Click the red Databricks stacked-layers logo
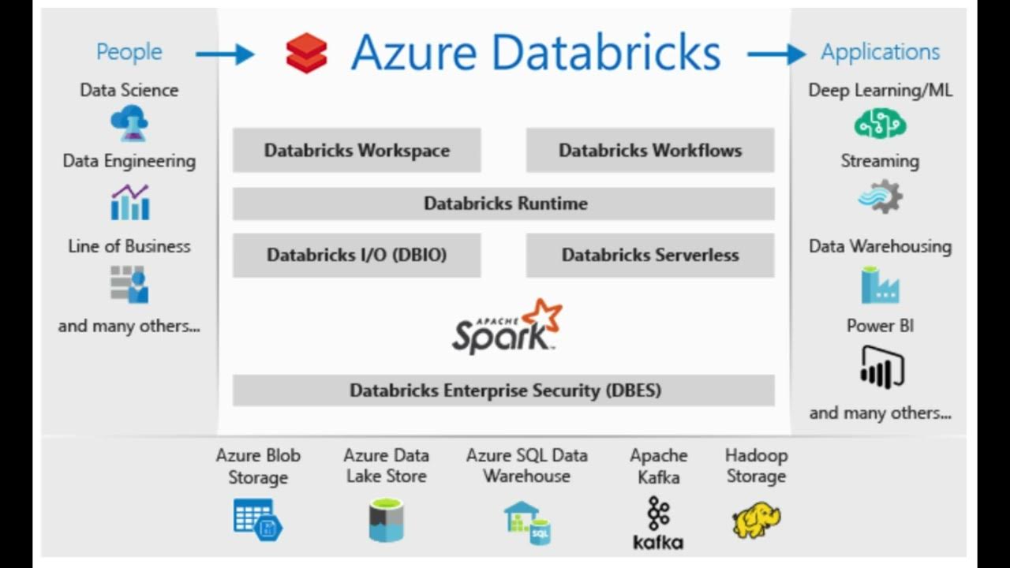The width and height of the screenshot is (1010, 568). click(306, 54)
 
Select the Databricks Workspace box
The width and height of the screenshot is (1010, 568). click(357, 150)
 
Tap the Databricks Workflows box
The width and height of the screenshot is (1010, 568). click(650, 150)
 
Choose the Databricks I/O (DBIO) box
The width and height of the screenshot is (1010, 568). click(357, 255)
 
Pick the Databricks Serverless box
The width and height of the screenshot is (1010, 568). click(650, 255)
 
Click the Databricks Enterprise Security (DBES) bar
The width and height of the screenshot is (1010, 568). click(505, 390)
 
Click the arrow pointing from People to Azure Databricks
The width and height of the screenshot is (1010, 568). click(224, 54)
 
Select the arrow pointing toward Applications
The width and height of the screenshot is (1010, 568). click(776, 54)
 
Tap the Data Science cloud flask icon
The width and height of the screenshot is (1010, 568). click(129, 124)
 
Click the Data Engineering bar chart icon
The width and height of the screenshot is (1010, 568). click(129, 202)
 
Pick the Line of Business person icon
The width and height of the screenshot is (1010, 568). click(129, 284)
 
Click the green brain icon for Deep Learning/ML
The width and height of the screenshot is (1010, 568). click(880, 125)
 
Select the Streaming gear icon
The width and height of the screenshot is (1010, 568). click(880, 196)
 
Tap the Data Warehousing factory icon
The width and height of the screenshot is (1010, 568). click(880, 285)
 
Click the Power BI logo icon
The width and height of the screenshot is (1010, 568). click(881, 368)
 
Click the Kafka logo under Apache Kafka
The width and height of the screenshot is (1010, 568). click(658, 522)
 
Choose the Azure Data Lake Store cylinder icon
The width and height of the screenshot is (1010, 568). click(386, 521)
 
